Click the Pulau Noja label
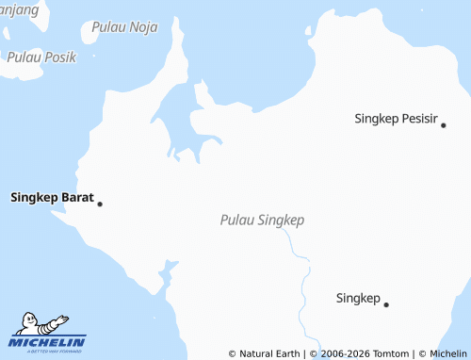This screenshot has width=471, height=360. click(125, 27)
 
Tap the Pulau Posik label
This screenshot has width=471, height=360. click(41, 57)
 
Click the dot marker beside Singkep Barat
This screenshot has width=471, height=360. click(100, 204)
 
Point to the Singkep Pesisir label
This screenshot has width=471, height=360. click(397, 119)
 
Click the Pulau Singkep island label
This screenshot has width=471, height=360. click(262, 220)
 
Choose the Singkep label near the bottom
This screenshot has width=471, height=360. click(358, 298)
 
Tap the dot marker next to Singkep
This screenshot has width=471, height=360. click(386, 303)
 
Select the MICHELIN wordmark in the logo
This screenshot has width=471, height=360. click(48, 341)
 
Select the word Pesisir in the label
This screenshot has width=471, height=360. click(419, 119)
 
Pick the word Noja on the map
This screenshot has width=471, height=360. click(143, 27)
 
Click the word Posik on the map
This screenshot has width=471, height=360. click(58, 57)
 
